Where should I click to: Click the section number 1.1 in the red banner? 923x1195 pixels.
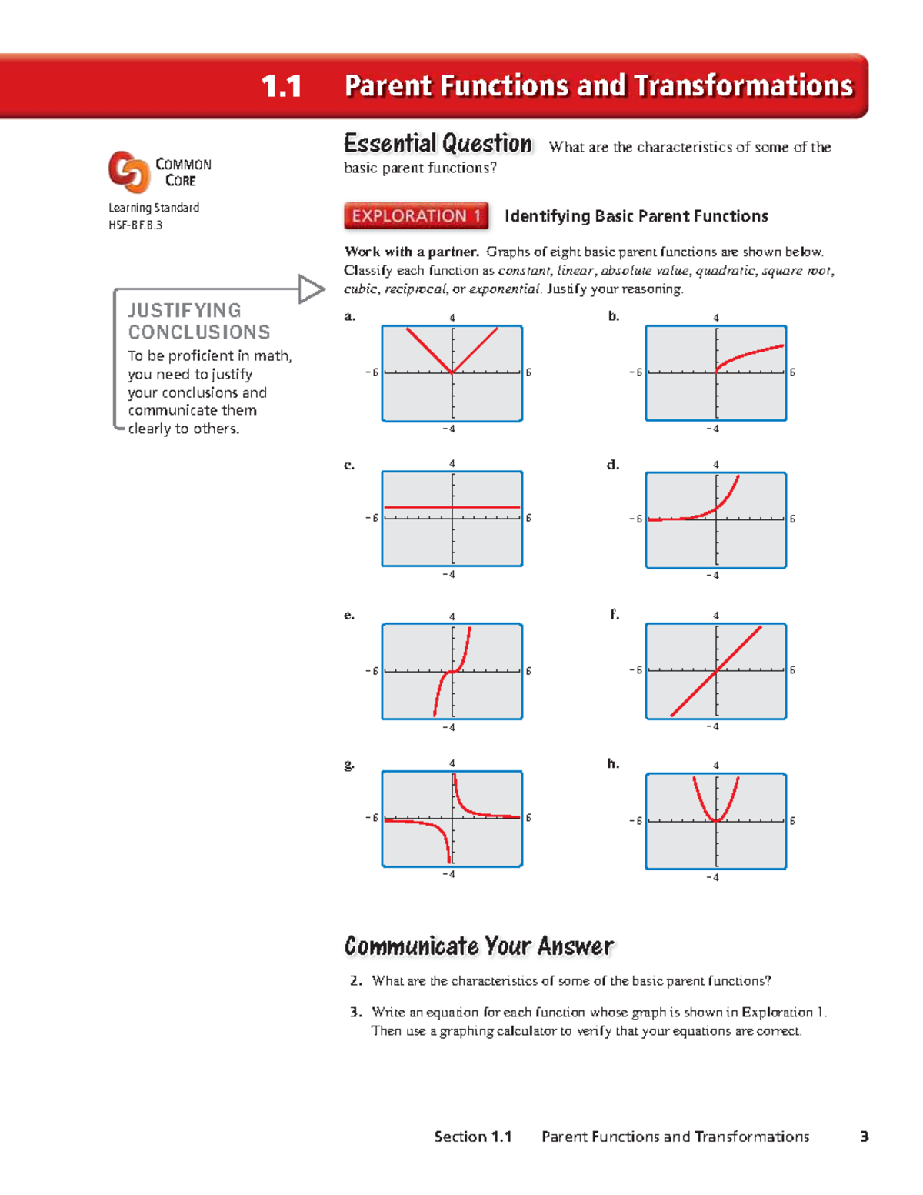281,86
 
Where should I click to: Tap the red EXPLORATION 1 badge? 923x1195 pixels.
416,216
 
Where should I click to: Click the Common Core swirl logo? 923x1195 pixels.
128,171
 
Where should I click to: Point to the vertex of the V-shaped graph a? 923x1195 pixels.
452,372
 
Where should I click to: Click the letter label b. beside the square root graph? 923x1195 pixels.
614,315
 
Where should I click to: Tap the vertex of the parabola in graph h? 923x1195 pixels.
716,821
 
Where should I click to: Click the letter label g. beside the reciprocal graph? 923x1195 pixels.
349,764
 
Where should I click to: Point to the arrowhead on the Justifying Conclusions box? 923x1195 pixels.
312,289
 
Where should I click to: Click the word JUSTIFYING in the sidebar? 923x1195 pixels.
185,310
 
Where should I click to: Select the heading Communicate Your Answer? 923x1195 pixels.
478,946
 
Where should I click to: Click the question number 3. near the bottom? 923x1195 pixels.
355,1012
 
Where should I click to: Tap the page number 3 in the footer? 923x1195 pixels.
865,1137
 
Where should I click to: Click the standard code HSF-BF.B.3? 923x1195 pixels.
135,225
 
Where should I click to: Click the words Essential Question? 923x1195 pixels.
438,144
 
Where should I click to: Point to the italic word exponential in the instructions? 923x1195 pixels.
504,289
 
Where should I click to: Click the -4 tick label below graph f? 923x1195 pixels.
712,726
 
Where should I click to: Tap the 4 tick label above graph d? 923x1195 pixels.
716,464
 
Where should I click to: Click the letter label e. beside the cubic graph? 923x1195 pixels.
349,615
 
